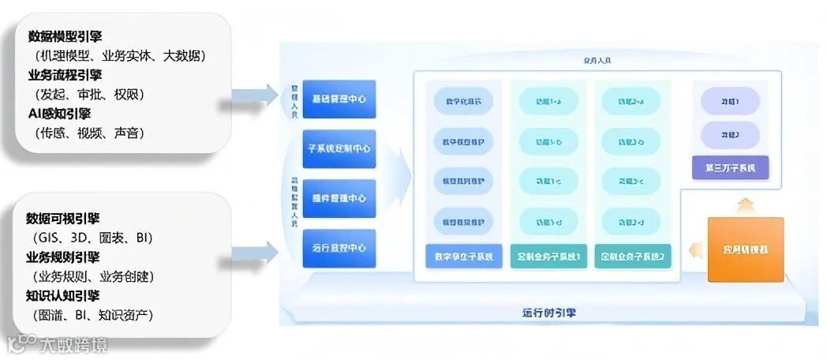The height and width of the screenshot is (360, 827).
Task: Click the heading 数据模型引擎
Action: (65, 36)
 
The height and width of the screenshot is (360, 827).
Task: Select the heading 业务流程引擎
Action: (65, 75)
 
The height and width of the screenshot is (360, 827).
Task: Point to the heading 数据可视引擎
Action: (62, 219)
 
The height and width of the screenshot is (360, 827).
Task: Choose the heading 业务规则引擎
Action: (62, 257)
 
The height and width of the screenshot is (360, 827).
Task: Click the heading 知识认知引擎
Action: (62, 296)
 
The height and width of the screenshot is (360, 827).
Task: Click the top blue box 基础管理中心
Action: (339, 99)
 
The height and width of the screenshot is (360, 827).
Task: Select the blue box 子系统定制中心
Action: (339, 148)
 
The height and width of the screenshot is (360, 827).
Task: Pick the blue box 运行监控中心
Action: (339, 248)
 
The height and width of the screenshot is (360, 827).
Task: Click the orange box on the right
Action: (746, 249)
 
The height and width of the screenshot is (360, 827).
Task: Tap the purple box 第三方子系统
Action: (731, 167)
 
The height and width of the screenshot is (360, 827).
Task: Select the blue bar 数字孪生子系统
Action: (464, 257)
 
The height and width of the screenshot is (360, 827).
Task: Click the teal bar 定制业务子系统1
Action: (548, 257)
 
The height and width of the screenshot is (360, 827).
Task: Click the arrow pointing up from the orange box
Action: (746, 206)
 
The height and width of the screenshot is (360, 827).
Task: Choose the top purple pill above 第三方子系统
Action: (731, 101)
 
